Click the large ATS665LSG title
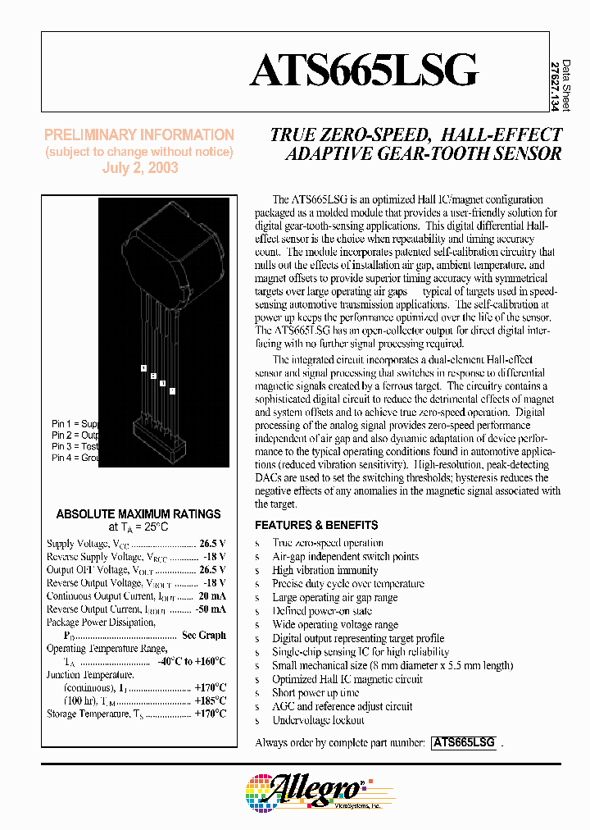point(363,71)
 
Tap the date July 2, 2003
point(139,167)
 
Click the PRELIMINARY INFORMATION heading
point(139,135)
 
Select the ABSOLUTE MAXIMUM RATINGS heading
point(138,514)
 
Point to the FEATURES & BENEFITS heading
point(316,525)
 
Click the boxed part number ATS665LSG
point(464,742)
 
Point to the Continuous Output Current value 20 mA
point(211,596)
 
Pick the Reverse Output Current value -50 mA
point(210,609)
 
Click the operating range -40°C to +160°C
point(193,662)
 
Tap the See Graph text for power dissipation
point(204,636)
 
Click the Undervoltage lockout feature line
point(318,720)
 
